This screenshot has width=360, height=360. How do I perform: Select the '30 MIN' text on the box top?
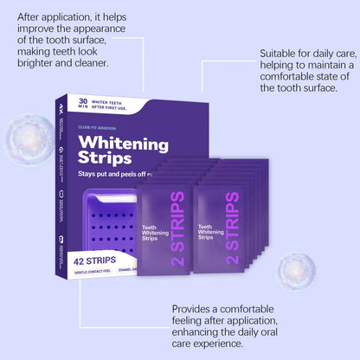coord(83,103)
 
